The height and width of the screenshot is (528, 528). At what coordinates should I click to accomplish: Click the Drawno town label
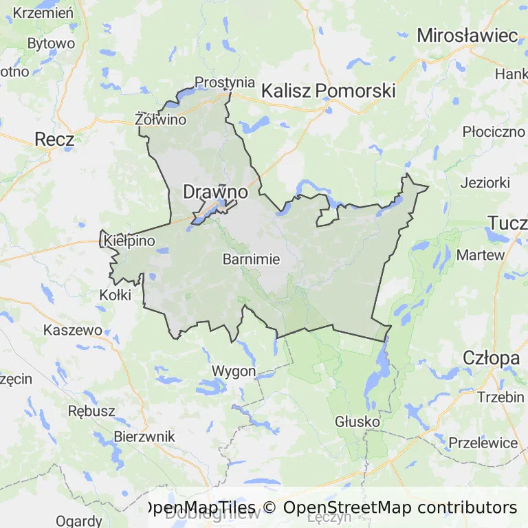click(215, 192)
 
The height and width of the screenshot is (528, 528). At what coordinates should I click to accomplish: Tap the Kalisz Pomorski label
click(329, 90)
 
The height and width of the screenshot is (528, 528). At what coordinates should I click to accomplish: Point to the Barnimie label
click(252, 259)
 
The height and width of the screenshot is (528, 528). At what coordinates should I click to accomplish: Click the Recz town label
click(54, 139)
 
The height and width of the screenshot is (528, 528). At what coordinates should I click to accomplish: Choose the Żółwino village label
click(161, 120)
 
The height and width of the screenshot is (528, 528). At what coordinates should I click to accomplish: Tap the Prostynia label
click(225, 82)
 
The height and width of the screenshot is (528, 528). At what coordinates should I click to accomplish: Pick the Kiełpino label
click(130, 241)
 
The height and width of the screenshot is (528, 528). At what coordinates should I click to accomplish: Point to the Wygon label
click(234, 371)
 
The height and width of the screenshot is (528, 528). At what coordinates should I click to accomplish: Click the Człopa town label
click(491, 357)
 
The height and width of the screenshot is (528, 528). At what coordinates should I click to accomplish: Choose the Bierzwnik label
click(144, 436)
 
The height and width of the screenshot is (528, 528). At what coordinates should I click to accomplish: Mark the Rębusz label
click(91, 410)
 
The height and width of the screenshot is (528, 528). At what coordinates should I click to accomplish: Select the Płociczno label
click(494, 131)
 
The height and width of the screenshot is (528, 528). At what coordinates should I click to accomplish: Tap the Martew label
click(481, 254)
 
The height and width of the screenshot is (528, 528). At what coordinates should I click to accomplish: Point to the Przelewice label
click(483, 442)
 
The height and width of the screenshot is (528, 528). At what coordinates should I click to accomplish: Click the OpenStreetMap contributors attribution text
click(400, 507)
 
